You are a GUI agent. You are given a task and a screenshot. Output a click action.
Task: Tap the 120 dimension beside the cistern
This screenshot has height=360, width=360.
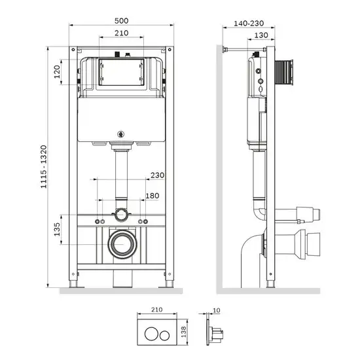[58, 70]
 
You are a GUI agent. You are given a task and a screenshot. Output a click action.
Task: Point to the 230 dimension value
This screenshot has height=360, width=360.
[156, 175]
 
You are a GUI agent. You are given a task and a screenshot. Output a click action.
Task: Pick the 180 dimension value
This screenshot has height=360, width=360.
[152, 196]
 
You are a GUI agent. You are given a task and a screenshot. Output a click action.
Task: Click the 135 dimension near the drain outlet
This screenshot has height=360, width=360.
[58, 230]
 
